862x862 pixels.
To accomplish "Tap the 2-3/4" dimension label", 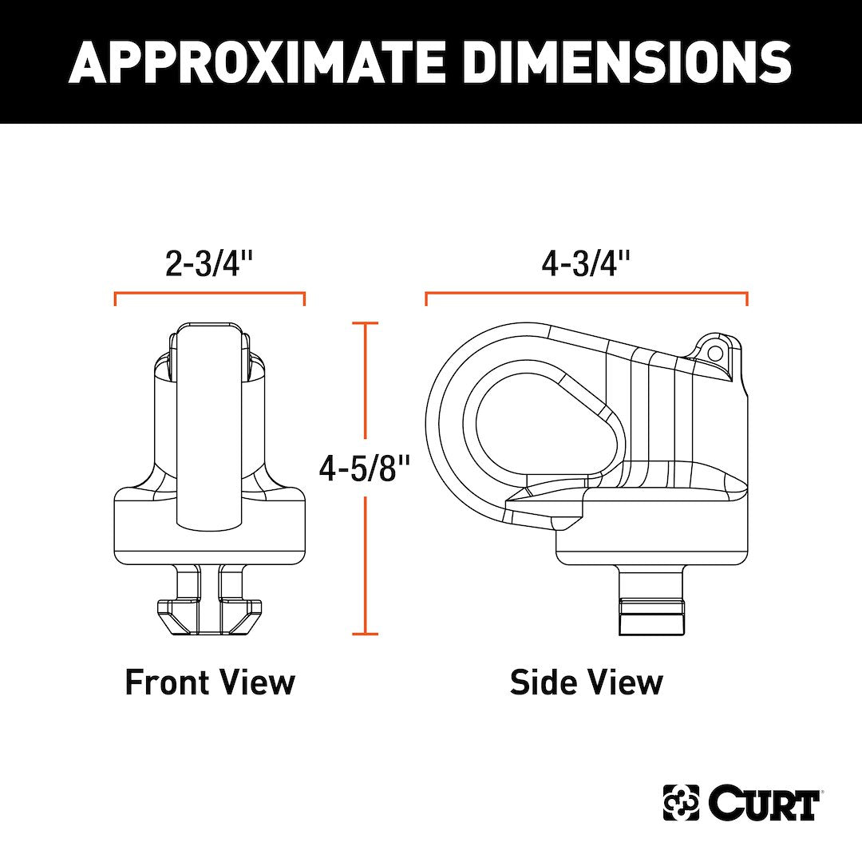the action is tap(209, 263).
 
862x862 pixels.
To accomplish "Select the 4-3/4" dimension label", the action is tap(586, 263).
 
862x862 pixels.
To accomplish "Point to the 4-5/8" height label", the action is tap(365, 468).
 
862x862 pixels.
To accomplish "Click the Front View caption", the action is tap(210, 682).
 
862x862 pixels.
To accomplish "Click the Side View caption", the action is tap(587, 682).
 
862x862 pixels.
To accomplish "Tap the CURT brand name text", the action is tap(764, 803).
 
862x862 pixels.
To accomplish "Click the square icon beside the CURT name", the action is tap(681, 803).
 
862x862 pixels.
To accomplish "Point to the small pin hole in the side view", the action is tap(714, 353).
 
